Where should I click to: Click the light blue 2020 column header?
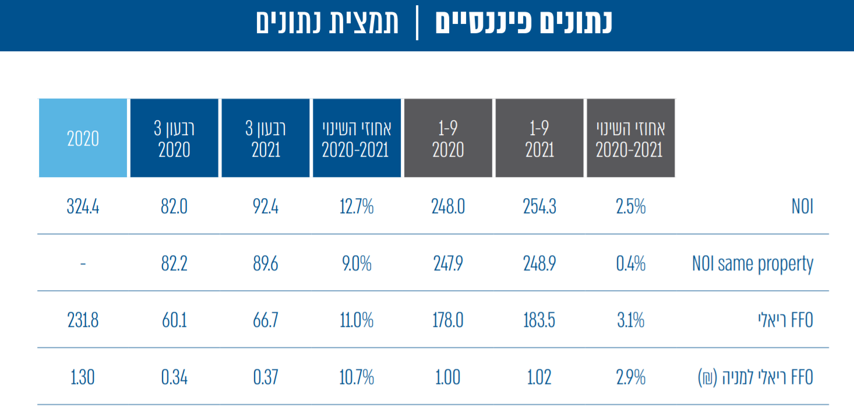83,138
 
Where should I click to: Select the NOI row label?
802,207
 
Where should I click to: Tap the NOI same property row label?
752,264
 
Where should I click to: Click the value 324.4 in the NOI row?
83,207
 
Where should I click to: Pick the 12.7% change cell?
356,207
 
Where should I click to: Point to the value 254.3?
539,207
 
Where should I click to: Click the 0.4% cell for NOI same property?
631,264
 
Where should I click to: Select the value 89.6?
266,264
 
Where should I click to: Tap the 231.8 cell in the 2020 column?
83,320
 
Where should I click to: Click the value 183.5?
539,320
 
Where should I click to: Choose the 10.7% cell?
356,378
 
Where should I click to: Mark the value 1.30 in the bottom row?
83,378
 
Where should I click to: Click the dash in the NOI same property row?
83,264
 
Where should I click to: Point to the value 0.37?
266,378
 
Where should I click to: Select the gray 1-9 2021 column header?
539,138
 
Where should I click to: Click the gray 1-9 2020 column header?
448,138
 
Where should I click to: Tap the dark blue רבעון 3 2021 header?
266,138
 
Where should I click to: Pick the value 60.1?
174,320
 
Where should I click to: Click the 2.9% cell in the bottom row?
631,378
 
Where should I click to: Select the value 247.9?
448,264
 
